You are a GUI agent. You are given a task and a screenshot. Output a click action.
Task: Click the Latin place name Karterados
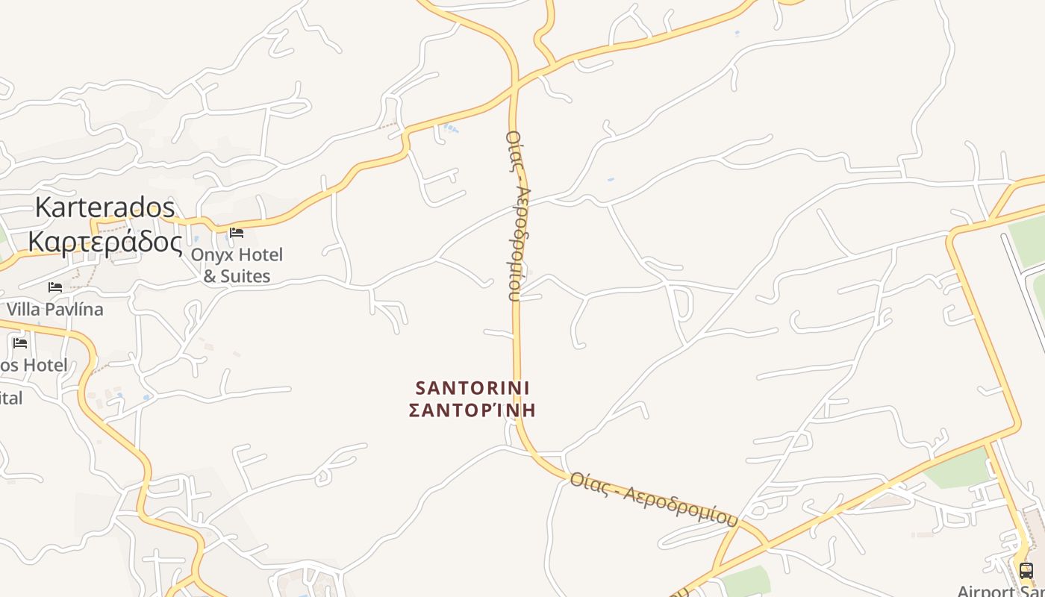pyautogui.click(x=104, y=207)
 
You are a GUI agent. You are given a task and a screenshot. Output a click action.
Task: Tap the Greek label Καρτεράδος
pyautogui.click(x=104, y=242)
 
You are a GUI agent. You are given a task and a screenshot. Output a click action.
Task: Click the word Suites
pyautogui.click(x=245, y=276)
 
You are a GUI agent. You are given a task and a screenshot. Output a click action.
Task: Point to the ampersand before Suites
pyautogui.click(x=210, y=276)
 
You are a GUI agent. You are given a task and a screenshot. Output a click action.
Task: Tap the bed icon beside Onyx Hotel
pyautogui.click(x=237, y=233)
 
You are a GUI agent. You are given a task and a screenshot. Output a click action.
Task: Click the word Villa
pyautogui.click(x=26, y=309)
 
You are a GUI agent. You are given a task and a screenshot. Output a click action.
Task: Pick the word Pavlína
pyautogui.click(x=77, y=309)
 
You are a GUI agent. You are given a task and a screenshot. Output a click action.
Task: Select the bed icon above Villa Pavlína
pyautogui.click(x=55, y=287)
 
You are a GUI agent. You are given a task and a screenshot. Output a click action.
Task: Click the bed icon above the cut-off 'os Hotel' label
pyautogui.click(x=20, y=343)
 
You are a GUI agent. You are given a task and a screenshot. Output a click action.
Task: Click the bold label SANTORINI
pyautogui.click(x=472, y=388)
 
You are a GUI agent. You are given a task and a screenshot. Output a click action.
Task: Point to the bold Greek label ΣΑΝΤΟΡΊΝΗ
pyautogui.click(x=472, y=410)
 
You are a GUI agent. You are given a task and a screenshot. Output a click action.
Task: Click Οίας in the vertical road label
pyautogui.click(x=514, y=149)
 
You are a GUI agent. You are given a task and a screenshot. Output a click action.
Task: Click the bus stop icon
pyautogui.click(x=1026, y=571)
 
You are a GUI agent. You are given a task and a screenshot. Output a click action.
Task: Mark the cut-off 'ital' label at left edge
pyautogui.click(x=11, y=398)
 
